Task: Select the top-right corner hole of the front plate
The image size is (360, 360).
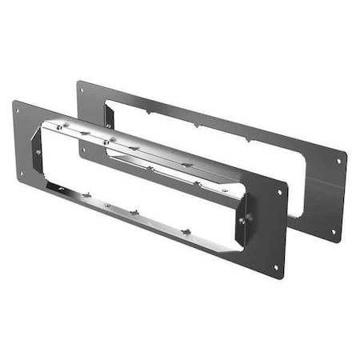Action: click(x=279, y=192)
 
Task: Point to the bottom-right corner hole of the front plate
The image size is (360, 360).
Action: click(x=276, y=266)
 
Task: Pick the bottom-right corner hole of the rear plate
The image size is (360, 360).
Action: click(x=334, y=231)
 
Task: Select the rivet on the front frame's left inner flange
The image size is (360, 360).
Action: click(x=38, y=150)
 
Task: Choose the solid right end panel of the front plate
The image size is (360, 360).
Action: click(x=266, y=228)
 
